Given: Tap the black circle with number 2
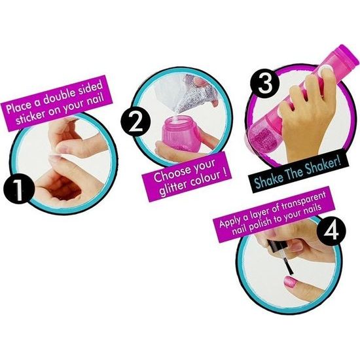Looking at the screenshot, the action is (x=135, y=122).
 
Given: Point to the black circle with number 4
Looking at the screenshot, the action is (x=331, y=230).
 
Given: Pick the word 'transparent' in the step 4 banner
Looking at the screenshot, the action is (x=304, y=202).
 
